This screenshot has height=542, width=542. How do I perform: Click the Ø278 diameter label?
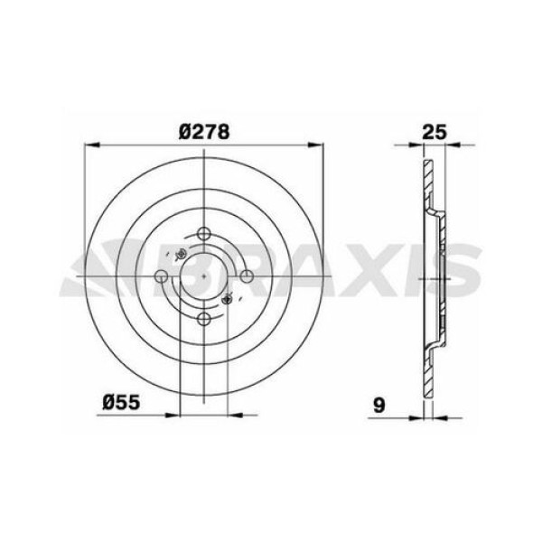(206, 130)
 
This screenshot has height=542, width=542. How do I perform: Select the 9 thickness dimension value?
(383, 405)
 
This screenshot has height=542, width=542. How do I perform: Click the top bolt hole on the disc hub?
(205, 231)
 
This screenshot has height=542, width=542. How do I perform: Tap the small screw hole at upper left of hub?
(180, 253)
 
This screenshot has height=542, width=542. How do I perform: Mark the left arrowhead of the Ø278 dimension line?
(89, 144)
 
